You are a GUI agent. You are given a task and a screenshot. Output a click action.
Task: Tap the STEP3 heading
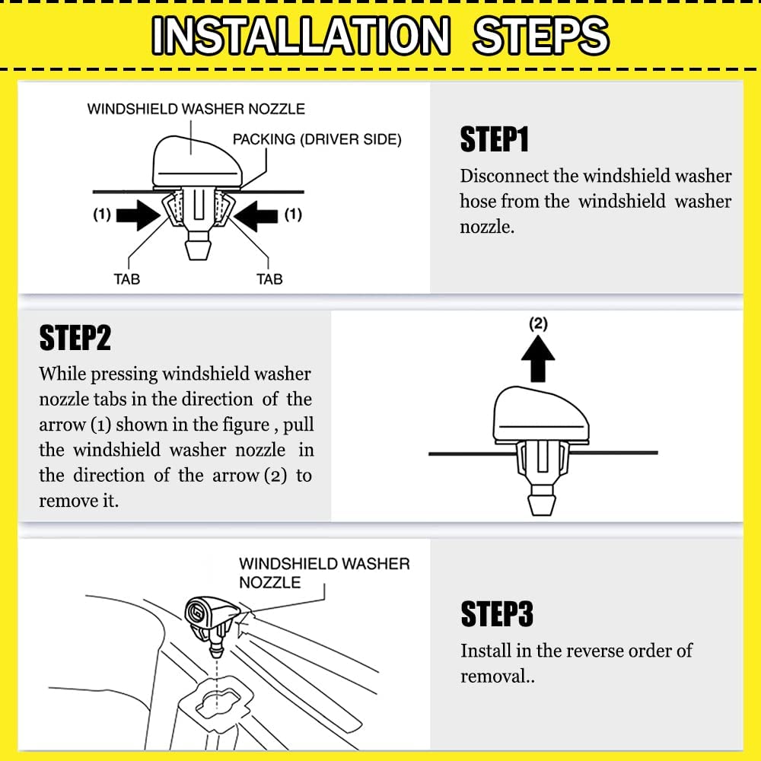pos(497,613)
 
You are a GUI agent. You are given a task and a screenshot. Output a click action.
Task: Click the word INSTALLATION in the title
pos(301,35)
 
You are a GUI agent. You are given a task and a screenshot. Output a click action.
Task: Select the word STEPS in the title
pos(540,35)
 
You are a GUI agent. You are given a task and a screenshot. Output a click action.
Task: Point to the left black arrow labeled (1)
pos(139,215)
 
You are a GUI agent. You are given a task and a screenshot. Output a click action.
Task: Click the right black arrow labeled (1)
pos(256,215)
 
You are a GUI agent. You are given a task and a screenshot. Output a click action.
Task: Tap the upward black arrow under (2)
pos(538,358)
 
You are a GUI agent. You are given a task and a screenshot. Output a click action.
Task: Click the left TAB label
pos(126,279)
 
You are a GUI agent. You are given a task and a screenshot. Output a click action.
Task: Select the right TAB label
pos(269,279)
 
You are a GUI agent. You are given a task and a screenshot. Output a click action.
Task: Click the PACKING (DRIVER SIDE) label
pos(317,140)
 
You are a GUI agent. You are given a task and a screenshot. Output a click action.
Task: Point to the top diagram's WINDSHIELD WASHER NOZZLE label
pos(196,109)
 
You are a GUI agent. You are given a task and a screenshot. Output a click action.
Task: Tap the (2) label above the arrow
pos(538,323)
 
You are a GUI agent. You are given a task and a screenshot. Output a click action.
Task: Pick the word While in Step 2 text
pos(62,374)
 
